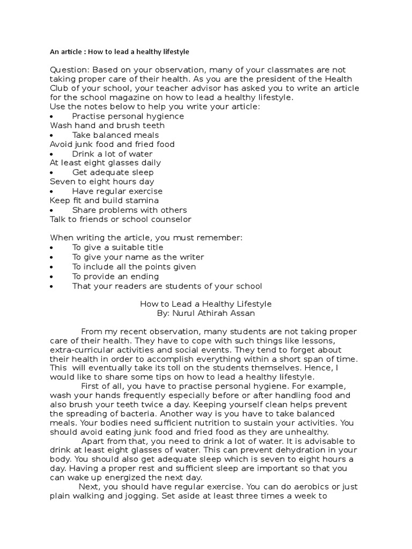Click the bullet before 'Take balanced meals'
[51, 135]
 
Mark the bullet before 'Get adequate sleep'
[51, 173]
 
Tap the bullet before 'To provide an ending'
[51, 277]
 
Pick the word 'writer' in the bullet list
[186, 257]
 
